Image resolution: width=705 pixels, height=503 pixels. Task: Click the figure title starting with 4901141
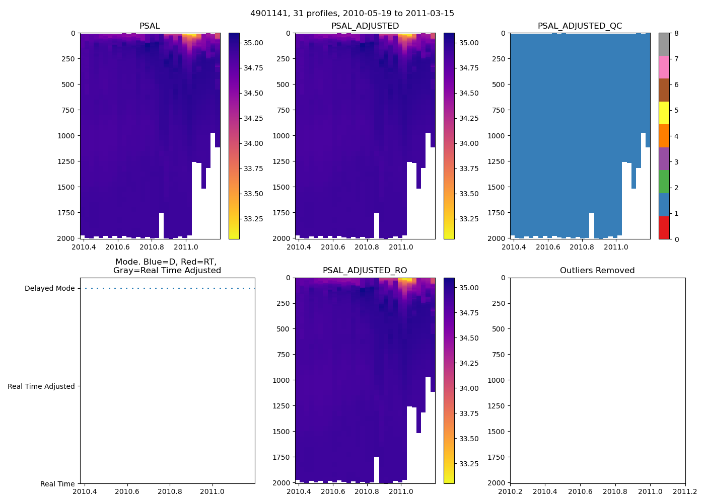pos(352,14)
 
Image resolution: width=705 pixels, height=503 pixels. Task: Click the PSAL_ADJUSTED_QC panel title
pos(580,26)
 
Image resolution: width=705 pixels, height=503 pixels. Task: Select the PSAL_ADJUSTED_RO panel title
pos(365,271)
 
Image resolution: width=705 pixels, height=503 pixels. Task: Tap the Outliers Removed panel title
pos(597,271)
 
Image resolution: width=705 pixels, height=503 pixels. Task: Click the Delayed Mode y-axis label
pos(49,288)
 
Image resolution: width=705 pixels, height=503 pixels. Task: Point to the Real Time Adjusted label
pos(41,386)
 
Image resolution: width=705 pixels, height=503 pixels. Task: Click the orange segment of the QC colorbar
pos(664,136)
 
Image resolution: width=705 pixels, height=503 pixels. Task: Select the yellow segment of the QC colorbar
pos(664,113)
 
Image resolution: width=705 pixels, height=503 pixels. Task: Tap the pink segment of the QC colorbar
pos(664,67)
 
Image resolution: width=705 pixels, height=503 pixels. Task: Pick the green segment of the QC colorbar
pos(664,182)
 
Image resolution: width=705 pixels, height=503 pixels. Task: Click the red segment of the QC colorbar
pos(664,227)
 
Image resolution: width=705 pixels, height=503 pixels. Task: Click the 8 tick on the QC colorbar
pos(676,33)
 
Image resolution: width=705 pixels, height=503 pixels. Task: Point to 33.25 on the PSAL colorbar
pos(253,219)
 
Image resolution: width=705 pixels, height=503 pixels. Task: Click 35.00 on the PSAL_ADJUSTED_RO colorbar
pos(468,288)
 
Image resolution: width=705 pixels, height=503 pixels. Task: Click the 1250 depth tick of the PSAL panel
pos(66,161)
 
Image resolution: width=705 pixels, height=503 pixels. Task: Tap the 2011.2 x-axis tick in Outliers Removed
pos(685,491)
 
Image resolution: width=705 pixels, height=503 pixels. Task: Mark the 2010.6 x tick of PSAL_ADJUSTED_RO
pos(333,491)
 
